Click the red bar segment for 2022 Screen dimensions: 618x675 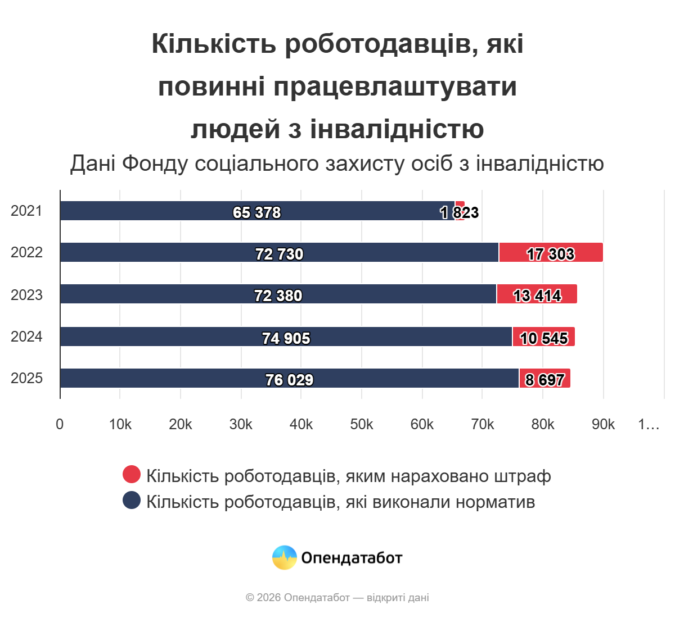click(551, 252)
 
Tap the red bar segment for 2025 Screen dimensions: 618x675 click(544, 378)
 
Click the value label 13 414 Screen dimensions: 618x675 click(537, 296)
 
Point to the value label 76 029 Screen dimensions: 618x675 click(289, 380)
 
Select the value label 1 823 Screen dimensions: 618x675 click(460, 212)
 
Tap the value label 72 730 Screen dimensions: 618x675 click(279, 255)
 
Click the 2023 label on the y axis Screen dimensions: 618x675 click(26, 295)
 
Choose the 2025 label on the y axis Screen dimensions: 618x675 click(26, 378)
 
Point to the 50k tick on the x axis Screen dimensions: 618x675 click(361, 425)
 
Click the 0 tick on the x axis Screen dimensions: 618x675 click(60, 425)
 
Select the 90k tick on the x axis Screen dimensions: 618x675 click(603, 425)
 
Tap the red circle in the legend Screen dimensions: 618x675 click(132, 474)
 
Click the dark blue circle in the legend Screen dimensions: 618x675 click(132, 500)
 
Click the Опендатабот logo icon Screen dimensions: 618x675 click(285, 558)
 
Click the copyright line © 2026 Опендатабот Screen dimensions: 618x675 click(337, 598)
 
